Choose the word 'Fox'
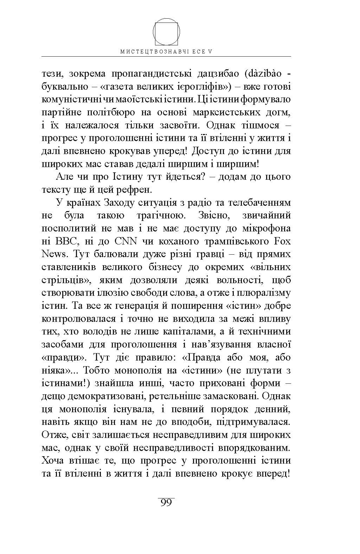point(282,242)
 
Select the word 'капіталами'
point(190,332)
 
